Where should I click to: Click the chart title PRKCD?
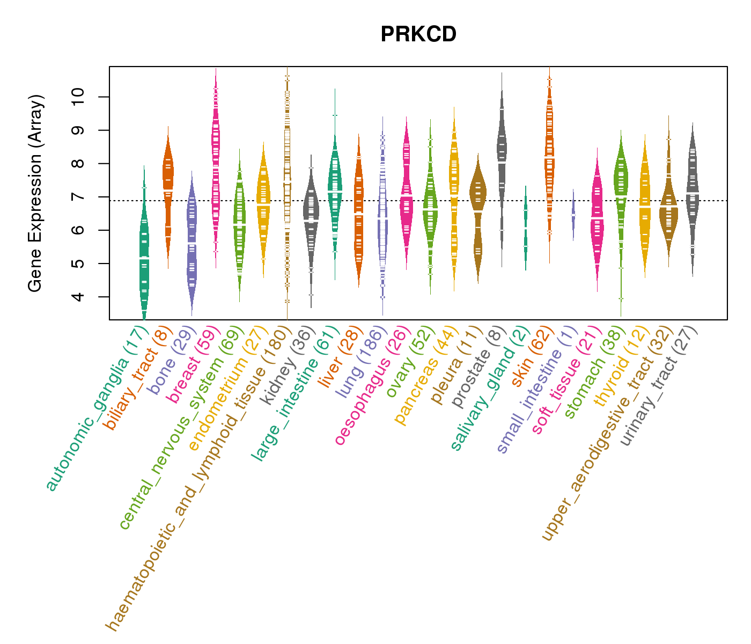[418, 34]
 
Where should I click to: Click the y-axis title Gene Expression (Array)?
[35, 193]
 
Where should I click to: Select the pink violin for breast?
[216, 161]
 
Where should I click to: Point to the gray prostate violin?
[502, 156]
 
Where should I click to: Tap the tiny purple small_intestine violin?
[573, 215]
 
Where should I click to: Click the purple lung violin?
[382, 215]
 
